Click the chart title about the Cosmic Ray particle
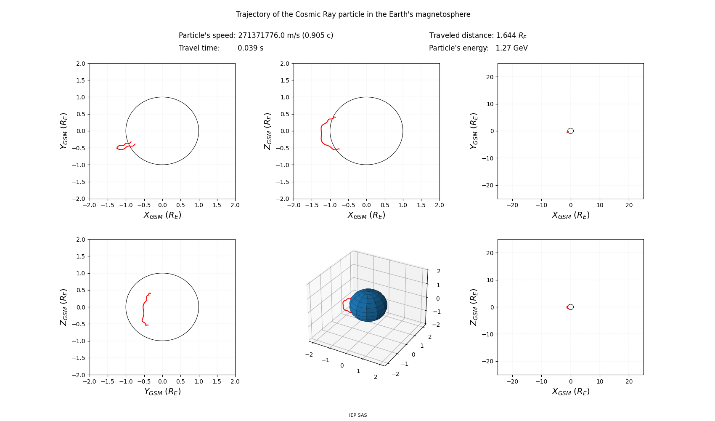353,14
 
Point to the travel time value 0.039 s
250,48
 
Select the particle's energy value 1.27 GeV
511,48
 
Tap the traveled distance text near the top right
478,35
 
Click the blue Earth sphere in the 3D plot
368,305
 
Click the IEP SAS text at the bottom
358,415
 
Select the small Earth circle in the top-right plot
571,131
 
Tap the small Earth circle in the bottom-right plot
571,307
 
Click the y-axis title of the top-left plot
64,131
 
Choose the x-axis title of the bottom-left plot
162,392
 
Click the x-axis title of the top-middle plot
366,215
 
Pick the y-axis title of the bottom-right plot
474,307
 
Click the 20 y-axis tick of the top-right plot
489,77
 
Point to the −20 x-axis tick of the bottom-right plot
512,381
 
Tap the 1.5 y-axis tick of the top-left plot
80,80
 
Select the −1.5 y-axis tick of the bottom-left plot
79,358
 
